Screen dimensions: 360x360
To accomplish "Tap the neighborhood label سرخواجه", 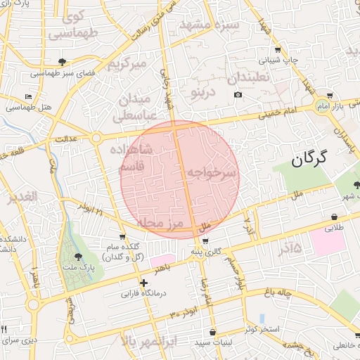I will coord(211,172).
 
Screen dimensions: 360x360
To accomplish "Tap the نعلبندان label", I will coord(249,76).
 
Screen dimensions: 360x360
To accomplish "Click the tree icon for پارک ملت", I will coord(77,257).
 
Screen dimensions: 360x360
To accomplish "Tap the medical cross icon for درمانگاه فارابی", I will coord(144,283).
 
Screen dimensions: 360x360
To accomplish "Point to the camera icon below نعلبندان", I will coord(238,95).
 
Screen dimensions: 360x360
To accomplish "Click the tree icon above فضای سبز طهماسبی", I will coord(63,62).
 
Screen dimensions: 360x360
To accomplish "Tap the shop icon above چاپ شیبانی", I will coord(278,50).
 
